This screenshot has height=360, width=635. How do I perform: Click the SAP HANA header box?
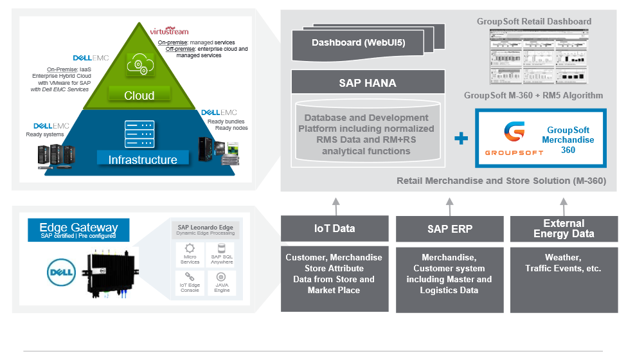[367, 83]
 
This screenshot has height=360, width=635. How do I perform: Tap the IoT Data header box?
[334, 228]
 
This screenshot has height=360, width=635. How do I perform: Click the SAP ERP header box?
[449, 228]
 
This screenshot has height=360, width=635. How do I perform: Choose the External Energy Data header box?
[564, 228]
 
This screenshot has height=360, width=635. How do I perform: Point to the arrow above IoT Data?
[335, 206]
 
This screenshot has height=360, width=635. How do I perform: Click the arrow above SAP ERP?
[449, 206]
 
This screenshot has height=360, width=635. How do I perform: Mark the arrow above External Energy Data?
[564, 206]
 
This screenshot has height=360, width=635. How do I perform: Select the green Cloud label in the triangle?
[139, 95]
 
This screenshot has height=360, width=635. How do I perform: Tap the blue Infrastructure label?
[142, 159]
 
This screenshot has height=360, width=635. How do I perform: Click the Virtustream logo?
[169, 31]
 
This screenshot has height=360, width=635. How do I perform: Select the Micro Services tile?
[190, 254]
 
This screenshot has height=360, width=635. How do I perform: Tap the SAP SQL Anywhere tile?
[222, 254]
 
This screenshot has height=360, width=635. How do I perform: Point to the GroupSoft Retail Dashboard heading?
[533, 21]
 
